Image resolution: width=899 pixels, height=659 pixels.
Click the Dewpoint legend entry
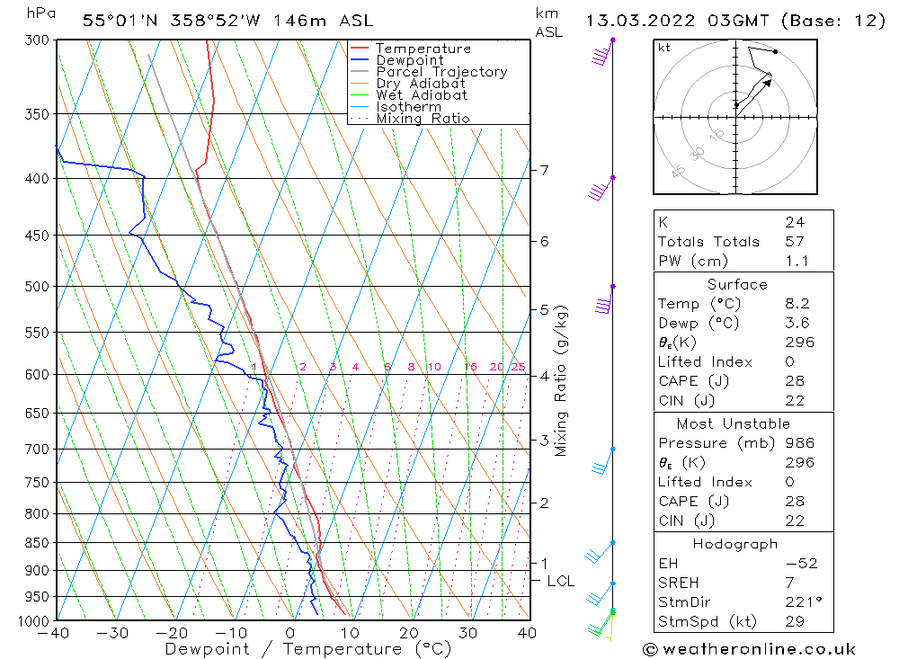tap(409, 60)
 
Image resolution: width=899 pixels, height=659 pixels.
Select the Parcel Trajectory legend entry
tap(441, 72)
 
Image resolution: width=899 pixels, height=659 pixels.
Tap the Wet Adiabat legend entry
tap(422, 95)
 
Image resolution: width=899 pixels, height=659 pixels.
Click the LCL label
tap(560, 582)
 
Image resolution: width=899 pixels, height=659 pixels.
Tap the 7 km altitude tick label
tap(544, 170)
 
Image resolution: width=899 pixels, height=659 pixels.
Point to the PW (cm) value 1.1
tap(797, 261)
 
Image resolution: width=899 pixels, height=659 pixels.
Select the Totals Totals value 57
tap(795, 242)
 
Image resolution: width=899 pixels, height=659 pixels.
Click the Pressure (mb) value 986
tap(799, 443)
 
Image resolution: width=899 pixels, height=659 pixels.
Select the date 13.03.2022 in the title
tap(634, 20)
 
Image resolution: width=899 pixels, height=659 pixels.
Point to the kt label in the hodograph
tap(664, 48)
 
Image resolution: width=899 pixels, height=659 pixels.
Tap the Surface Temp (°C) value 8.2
tap(797, 304)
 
